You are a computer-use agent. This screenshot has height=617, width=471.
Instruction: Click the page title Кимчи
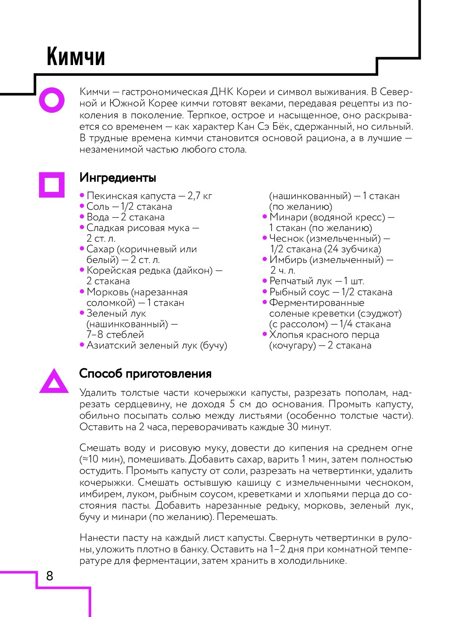(76, 56)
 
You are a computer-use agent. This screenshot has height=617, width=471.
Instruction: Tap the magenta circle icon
(51, 100)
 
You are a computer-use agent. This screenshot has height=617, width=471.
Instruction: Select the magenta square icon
(51, 184)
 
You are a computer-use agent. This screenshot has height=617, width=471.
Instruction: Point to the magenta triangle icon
(54, 382)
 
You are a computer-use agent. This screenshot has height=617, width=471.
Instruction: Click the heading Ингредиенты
(118, 178)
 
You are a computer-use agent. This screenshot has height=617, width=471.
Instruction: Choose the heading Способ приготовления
(145, 373)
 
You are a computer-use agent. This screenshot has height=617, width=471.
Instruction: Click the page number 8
(49, 576)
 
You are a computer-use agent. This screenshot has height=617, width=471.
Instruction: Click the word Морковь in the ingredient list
(107, 292)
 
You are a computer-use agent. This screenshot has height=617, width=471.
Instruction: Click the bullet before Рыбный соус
(265, 291)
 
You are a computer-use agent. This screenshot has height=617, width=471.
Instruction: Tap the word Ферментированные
(317, 303)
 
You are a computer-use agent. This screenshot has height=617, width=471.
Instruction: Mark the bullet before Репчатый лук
(265, 281)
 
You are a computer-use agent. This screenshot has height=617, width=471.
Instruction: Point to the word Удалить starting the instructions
(98, 393)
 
